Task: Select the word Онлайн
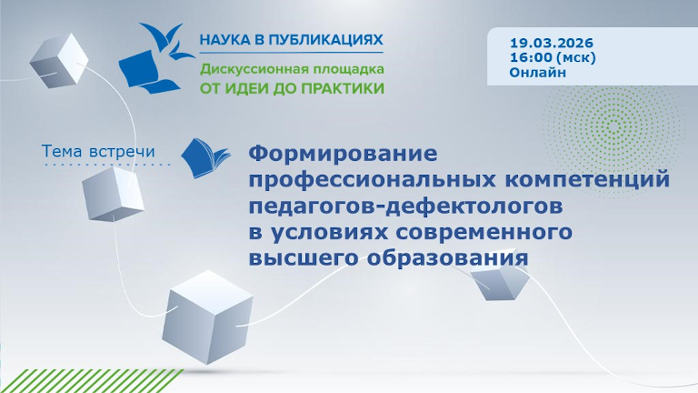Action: pos(537,72)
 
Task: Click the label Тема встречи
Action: pos(99,149)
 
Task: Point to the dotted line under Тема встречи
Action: pos(107,165)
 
